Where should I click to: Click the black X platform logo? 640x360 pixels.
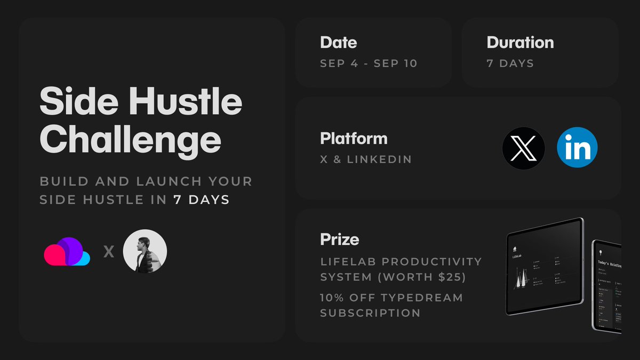pos(523,148)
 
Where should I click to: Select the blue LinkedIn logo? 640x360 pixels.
pos(577,148)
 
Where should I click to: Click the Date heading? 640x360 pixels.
pos(338,42)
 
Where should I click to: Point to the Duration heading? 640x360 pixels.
pos(520,42)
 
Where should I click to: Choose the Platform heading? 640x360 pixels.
pos(354,138)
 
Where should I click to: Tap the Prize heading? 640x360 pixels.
pos(339,239)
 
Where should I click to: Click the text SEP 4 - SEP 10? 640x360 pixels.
pos(369,63)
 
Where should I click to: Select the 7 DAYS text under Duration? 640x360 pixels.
pos(510,63)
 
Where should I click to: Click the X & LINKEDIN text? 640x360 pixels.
pos(366,159)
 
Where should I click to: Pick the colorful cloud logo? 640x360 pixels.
pos(67,251)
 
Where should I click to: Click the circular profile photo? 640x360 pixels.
pos(145,251)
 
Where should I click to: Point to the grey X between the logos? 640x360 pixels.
pos(108,252)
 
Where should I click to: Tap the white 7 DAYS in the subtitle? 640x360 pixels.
pos(202,200)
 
